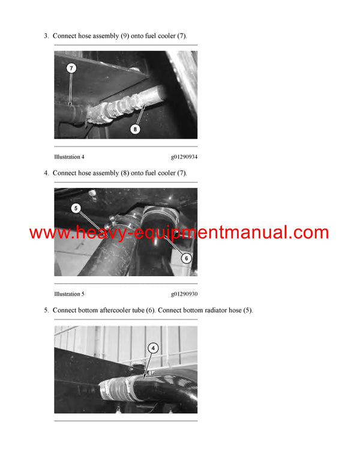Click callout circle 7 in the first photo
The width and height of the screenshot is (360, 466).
tap(71, 68)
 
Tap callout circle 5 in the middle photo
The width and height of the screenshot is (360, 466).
tap(76, 208)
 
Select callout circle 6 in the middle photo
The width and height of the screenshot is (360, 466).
tap(186, 258)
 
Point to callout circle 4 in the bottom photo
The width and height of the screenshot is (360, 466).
tap(153, 348)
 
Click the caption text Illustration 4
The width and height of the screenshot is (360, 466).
tap(69, 157)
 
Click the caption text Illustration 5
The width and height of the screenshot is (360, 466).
tap(69, 294)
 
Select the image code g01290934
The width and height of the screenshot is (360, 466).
tap(184, 157)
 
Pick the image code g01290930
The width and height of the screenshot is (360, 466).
tap(184, 294)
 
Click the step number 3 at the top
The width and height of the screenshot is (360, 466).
tap(46, 36)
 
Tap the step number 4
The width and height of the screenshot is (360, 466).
tap(46, 173)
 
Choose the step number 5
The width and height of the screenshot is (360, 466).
tap(46, 310)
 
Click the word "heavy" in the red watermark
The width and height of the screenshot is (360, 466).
tap(98, 233)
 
